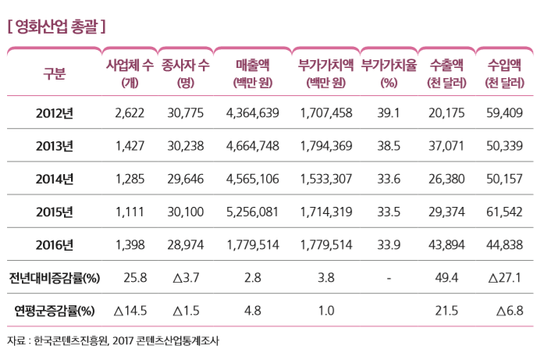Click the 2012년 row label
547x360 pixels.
pos(55,113)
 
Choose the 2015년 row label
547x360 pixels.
pos(55,212)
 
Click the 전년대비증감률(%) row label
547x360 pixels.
pos(54,277)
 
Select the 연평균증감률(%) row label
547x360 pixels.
pos(54,310)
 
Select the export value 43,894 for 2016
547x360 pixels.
pos(447,244)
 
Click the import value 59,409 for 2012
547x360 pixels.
pos(504,113)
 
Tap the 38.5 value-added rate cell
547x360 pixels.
pos(389,146)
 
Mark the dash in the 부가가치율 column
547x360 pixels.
pos(389,277)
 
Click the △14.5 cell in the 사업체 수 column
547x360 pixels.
pos(130,310)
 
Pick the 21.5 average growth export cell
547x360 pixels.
pos(446,310)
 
